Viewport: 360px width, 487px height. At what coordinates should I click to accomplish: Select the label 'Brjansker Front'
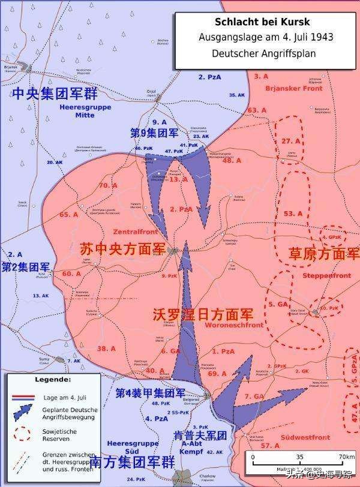(294, 88)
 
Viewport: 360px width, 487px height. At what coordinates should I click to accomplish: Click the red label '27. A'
(290, 140)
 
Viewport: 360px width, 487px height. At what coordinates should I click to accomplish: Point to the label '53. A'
(293, 214)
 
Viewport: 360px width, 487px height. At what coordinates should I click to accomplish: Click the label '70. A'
(108, 186)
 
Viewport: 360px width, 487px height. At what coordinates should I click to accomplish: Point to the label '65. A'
(68, 214)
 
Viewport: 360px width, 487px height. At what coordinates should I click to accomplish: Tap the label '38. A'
(106, 348)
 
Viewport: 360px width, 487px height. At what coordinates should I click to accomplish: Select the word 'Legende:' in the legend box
(52, 380)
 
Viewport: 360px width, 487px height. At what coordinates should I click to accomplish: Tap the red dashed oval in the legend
(23, 433)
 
